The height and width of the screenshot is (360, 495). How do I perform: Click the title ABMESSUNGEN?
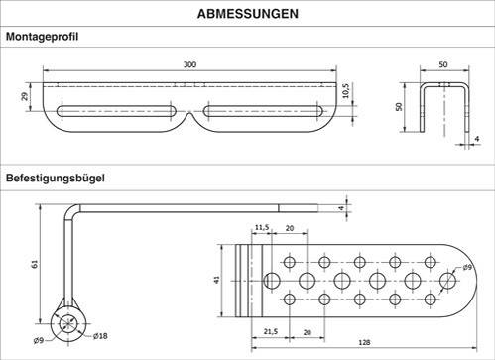246,14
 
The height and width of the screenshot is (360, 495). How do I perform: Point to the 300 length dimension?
190,64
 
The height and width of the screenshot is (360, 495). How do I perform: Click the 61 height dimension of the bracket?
35,265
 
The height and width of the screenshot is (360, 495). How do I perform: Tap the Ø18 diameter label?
100,337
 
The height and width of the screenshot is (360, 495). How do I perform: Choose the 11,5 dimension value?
261,228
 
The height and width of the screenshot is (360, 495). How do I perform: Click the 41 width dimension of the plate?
218,281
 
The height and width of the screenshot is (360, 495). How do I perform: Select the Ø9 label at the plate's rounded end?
468,266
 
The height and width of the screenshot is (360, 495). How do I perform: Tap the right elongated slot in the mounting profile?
263,108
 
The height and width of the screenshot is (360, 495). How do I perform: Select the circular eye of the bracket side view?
70,323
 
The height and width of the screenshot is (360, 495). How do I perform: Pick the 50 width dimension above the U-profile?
442,64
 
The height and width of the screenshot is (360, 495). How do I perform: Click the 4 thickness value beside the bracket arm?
342,207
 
